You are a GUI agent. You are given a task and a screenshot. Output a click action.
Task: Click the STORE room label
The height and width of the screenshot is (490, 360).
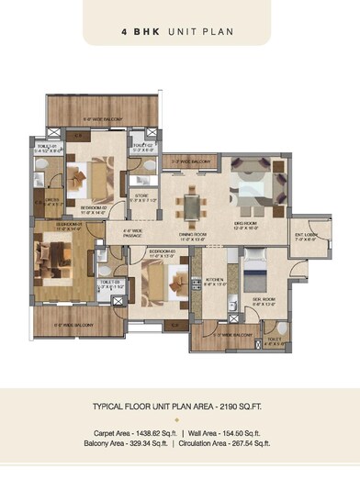(x=143, y=195)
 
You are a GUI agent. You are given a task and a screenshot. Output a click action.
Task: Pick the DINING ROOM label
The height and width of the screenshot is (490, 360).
(x=193, y=235)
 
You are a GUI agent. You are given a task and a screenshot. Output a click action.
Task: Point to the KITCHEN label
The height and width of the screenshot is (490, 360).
(x=215, y=281)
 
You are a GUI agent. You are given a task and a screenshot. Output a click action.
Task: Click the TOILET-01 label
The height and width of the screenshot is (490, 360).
(x=49, y=147)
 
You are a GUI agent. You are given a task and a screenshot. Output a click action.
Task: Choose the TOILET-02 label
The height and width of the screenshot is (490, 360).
(x=141, y=147)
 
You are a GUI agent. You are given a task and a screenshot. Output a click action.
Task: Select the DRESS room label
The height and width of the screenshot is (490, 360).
(x=51, y=201)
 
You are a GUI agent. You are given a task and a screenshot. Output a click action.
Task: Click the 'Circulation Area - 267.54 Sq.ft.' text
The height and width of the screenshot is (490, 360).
(x=225, y=443)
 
